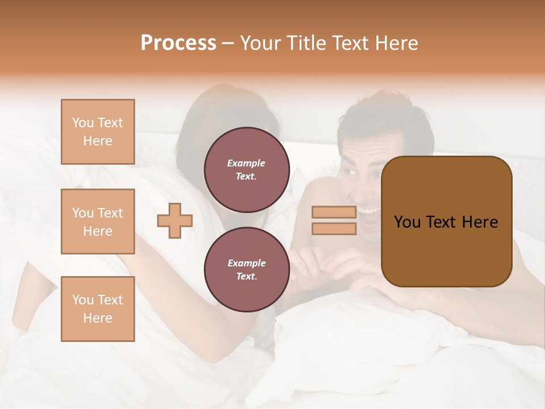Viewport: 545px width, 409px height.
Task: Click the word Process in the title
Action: point(178,43)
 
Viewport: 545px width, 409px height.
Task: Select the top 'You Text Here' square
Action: point(98,132)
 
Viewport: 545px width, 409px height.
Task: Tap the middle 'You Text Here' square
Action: point(98,222)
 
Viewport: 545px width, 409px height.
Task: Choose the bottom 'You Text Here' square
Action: point(98,308)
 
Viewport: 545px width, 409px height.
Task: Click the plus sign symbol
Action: point(175,220)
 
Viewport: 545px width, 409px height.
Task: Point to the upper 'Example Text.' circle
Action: point(246,169)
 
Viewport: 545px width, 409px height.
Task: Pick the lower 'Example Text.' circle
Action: point(246,269)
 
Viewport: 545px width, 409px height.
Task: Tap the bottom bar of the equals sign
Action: point(334,228)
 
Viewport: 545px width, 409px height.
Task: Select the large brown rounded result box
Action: point(446,222)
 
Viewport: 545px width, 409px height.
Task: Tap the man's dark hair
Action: point(386,114)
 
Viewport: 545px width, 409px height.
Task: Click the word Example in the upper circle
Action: point(246,163)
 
